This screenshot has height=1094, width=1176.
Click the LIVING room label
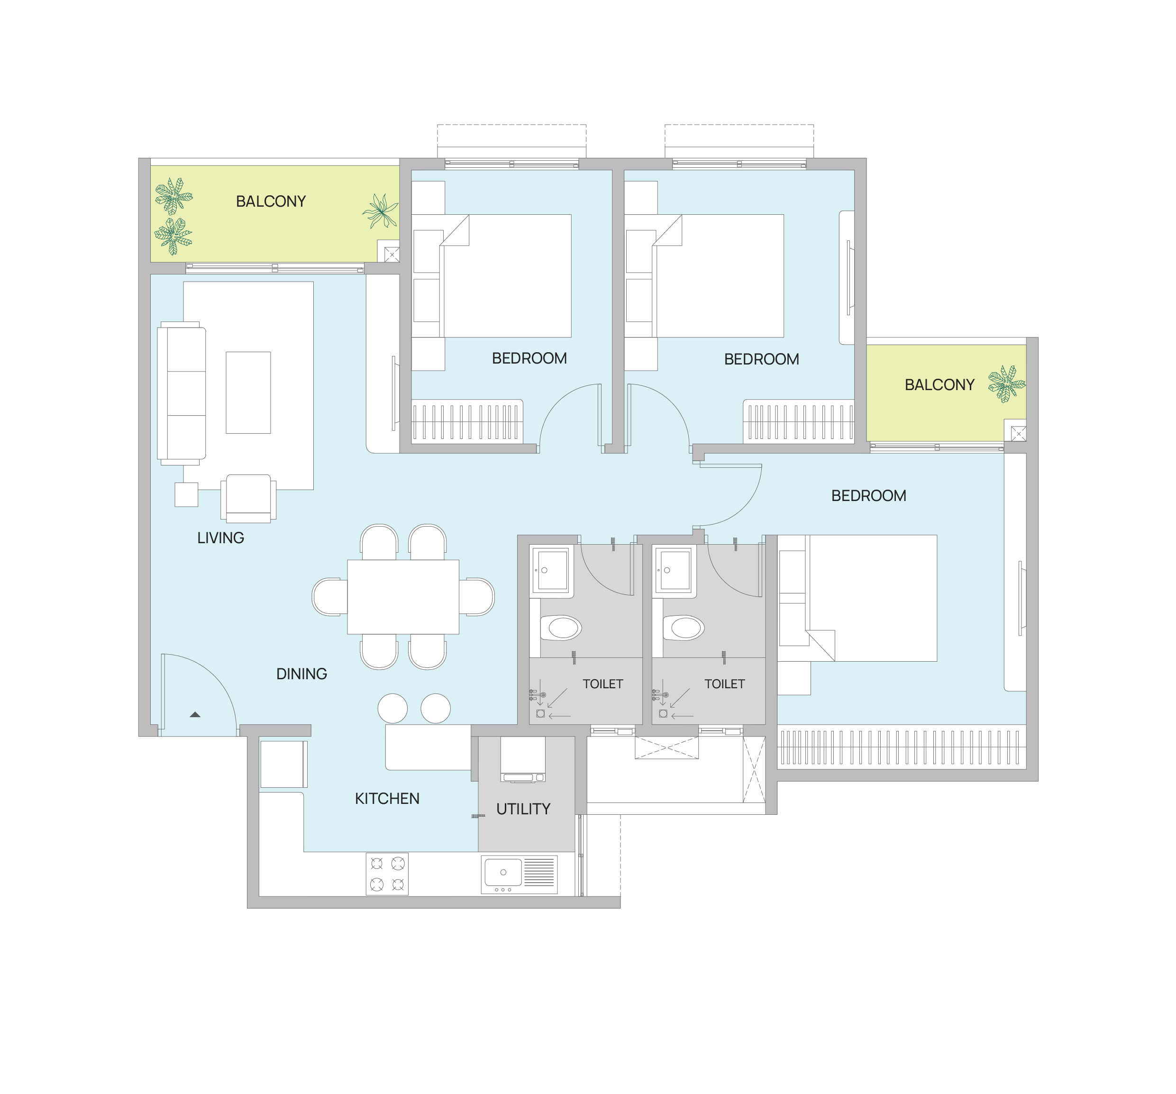point(220,538)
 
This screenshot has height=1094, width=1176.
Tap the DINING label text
point(301,674)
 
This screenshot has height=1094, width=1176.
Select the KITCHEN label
point(387,799)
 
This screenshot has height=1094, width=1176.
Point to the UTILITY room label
point(523,809)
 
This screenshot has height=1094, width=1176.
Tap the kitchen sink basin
point(503,872)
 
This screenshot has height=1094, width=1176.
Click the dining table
point(403,596)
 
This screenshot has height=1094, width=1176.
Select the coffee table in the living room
point(248,392)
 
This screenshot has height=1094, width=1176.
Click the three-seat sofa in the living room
point(182,393)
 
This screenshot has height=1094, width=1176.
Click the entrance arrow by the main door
point(195,715)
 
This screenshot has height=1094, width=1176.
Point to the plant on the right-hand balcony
point(1006,383)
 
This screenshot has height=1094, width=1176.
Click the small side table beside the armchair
point(186,495)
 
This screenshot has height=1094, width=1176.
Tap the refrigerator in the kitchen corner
point(283,764)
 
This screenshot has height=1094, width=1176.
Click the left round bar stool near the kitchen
point(392,708)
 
